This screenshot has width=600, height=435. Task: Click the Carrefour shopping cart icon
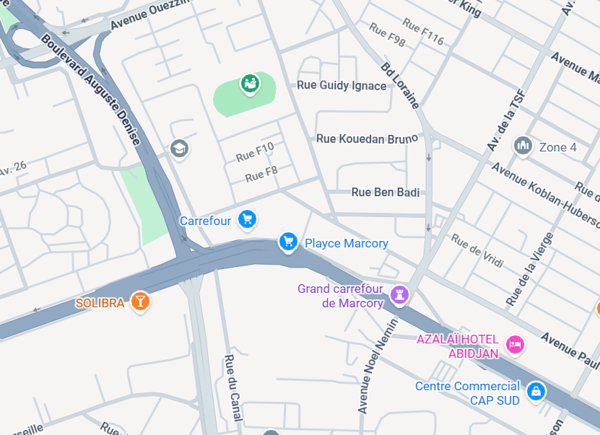pos(248,219)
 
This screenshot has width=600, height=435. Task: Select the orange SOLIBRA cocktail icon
pos(140,302)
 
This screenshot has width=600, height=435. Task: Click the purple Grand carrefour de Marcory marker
pos(399,294)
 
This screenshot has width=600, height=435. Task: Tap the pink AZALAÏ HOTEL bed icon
pos(514,344)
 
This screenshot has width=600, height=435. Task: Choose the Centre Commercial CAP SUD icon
pos(535,391)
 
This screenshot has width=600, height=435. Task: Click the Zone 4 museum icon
pos(523,146)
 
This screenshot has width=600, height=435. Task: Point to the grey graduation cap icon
pos(178,149)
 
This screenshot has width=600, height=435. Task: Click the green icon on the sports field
pos(251,84)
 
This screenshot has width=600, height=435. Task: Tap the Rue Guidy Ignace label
pos(342,86)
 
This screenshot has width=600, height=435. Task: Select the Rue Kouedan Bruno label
pos(367,138)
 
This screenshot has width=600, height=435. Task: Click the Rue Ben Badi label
pos(385,192)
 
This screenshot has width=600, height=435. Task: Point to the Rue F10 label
pos(255,151)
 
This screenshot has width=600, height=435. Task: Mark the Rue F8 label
pos(261,174)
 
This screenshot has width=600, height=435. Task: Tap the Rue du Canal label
pos(233,392)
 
